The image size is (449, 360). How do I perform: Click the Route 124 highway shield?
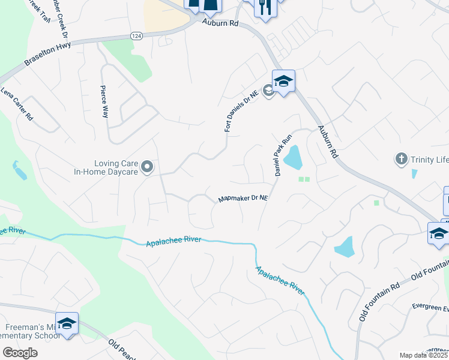(x=136, y=37)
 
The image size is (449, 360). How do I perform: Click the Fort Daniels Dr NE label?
(x=236, y=109)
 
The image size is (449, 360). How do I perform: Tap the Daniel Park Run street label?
(x=283, y=154)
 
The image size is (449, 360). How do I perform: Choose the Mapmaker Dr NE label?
(x=243, y=198)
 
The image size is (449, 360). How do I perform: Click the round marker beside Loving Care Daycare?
(x=148, y=166)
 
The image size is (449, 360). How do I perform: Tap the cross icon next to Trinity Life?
(x=401, y=159)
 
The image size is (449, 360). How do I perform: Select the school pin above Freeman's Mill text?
(x=67, y=323)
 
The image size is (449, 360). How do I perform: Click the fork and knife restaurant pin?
(x=265, y=7)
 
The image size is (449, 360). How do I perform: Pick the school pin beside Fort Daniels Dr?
(x=283, y=81)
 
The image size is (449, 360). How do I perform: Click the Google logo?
(x=19, y=353)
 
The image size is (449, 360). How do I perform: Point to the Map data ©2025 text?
(x=423, y=355)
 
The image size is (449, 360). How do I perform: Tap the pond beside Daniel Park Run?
(x=293, y=157)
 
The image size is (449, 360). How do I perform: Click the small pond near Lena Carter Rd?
(x=20, y=172)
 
